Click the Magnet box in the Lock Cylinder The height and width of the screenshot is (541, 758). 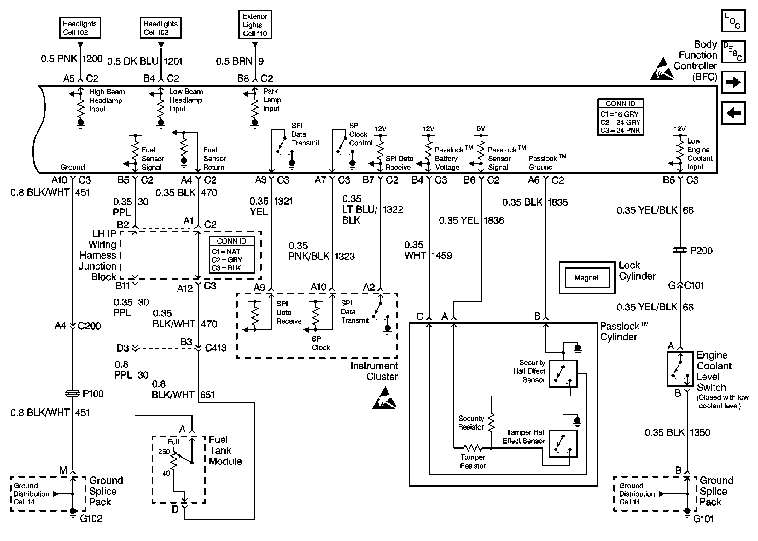586,277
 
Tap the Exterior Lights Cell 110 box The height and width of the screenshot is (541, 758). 255,25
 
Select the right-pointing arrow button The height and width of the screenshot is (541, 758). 733,82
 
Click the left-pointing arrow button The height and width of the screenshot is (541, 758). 733,113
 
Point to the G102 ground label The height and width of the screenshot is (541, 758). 91,518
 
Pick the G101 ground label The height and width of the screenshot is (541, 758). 703,519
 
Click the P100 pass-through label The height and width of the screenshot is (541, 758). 93,394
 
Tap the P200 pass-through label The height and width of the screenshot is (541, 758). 701,251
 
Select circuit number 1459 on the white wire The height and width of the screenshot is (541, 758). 441,255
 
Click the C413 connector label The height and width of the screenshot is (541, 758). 215,348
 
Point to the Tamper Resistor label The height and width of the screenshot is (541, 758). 473,461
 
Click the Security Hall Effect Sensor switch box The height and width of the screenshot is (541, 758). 563,373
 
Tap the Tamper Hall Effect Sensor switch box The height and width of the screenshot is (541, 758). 563,443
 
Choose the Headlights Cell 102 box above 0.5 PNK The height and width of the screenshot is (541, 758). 80,28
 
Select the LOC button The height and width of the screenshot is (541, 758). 733,21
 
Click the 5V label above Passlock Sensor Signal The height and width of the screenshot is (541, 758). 481,128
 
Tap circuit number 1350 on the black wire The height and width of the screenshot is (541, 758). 700,432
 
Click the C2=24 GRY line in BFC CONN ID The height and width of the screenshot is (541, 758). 620,122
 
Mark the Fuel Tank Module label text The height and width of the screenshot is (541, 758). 225,450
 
